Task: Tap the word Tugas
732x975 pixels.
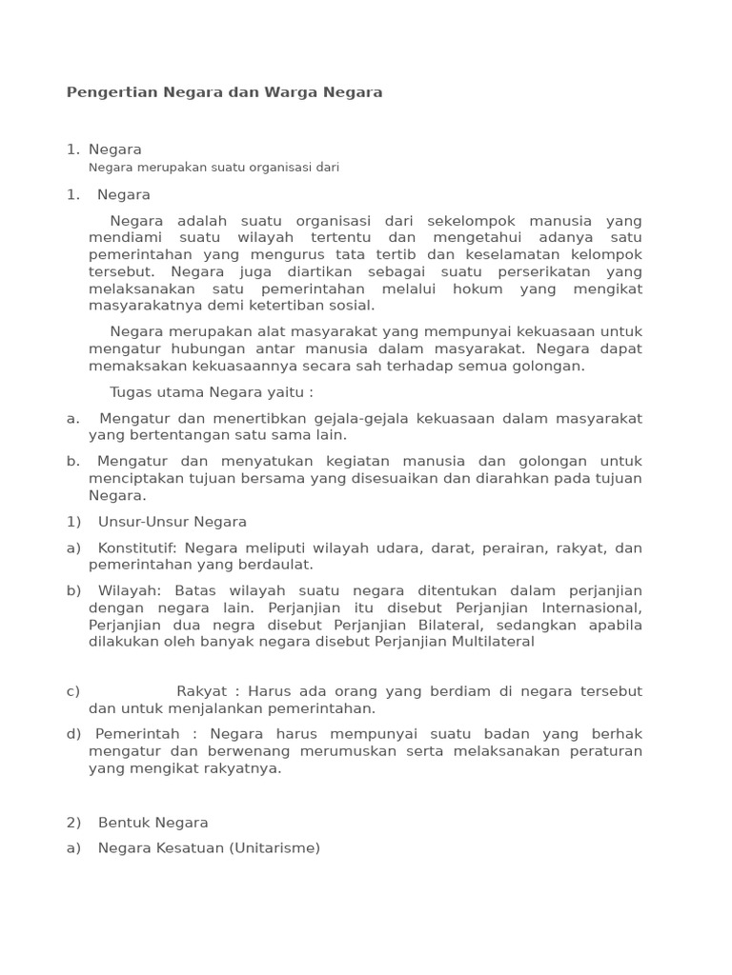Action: pyautogui.click(x=132, y=392)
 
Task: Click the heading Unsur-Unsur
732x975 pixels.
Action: pyautogui.click(x=143, y=522)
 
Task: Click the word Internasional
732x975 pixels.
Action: pyautogui.click(x=591, y=607)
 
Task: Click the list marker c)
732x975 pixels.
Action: pyautogui.click(x=73, y=691)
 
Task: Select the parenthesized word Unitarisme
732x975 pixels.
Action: pyautogui.click(x=274, y=847)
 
